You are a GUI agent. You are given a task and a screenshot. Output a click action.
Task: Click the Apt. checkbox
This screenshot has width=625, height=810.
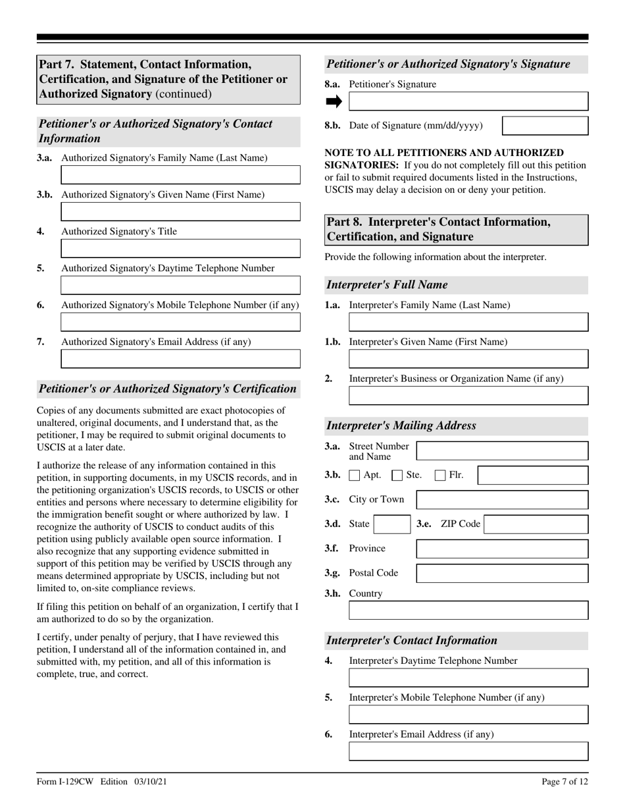355,475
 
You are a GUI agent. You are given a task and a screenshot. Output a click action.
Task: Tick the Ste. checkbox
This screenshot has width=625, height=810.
397,475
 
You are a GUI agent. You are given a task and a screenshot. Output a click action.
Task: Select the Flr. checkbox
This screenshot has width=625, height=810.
441,475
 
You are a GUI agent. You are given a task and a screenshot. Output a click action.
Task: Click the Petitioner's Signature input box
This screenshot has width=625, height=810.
468,101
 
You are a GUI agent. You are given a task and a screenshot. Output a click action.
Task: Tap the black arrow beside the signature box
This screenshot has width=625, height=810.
334,101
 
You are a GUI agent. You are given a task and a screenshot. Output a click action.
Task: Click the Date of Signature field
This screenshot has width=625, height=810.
545,126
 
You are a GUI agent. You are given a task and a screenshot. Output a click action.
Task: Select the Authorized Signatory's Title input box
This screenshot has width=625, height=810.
180,248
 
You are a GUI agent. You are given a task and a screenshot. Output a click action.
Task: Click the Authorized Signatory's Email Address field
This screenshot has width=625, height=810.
180,359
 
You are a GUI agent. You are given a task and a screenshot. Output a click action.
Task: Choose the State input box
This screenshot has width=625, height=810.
392,524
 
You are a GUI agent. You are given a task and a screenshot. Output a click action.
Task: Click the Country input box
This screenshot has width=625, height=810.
468,610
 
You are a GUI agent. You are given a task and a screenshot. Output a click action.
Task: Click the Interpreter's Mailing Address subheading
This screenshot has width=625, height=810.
401,425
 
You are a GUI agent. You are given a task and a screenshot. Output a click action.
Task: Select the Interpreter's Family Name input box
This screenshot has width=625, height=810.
468,322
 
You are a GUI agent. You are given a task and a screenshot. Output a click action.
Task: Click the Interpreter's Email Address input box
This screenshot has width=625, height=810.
468,751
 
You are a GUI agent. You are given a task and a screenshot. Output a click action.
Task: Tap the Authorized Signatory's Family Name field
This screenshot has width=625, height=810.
180,175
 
